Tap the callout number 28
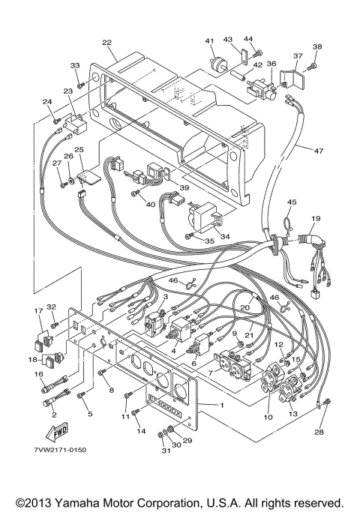pos(320,433)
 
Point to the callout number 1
pos(220,406)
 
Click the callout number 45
pos(292,201)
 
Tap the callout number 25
pos(79,151)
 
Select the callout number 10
pos(268,416)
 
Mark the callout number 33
pos(74,66)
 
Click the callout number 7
pos(211,372)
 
